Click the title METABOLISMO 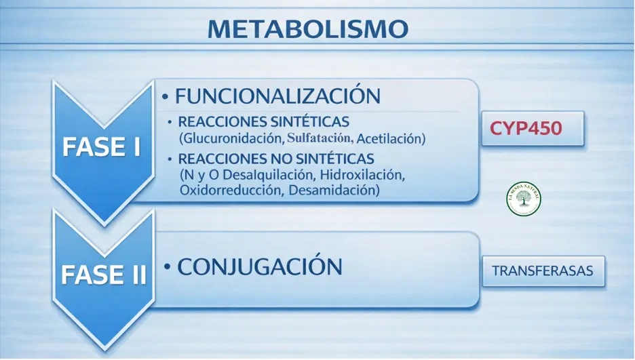tap(307, 29)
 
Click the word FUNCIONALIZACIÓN tap(277, 96)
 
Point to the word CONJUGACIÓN tap(259, 266)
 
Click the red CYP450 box tap(526, 128)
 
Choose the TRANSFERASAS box tap(542, 271)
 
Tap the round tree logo tap(524, 199)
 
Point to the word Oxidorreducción tap(230, 191)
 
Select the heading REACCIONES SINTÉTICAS tap(263, 123)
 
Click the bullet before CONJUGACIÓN tap(167, 268)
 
